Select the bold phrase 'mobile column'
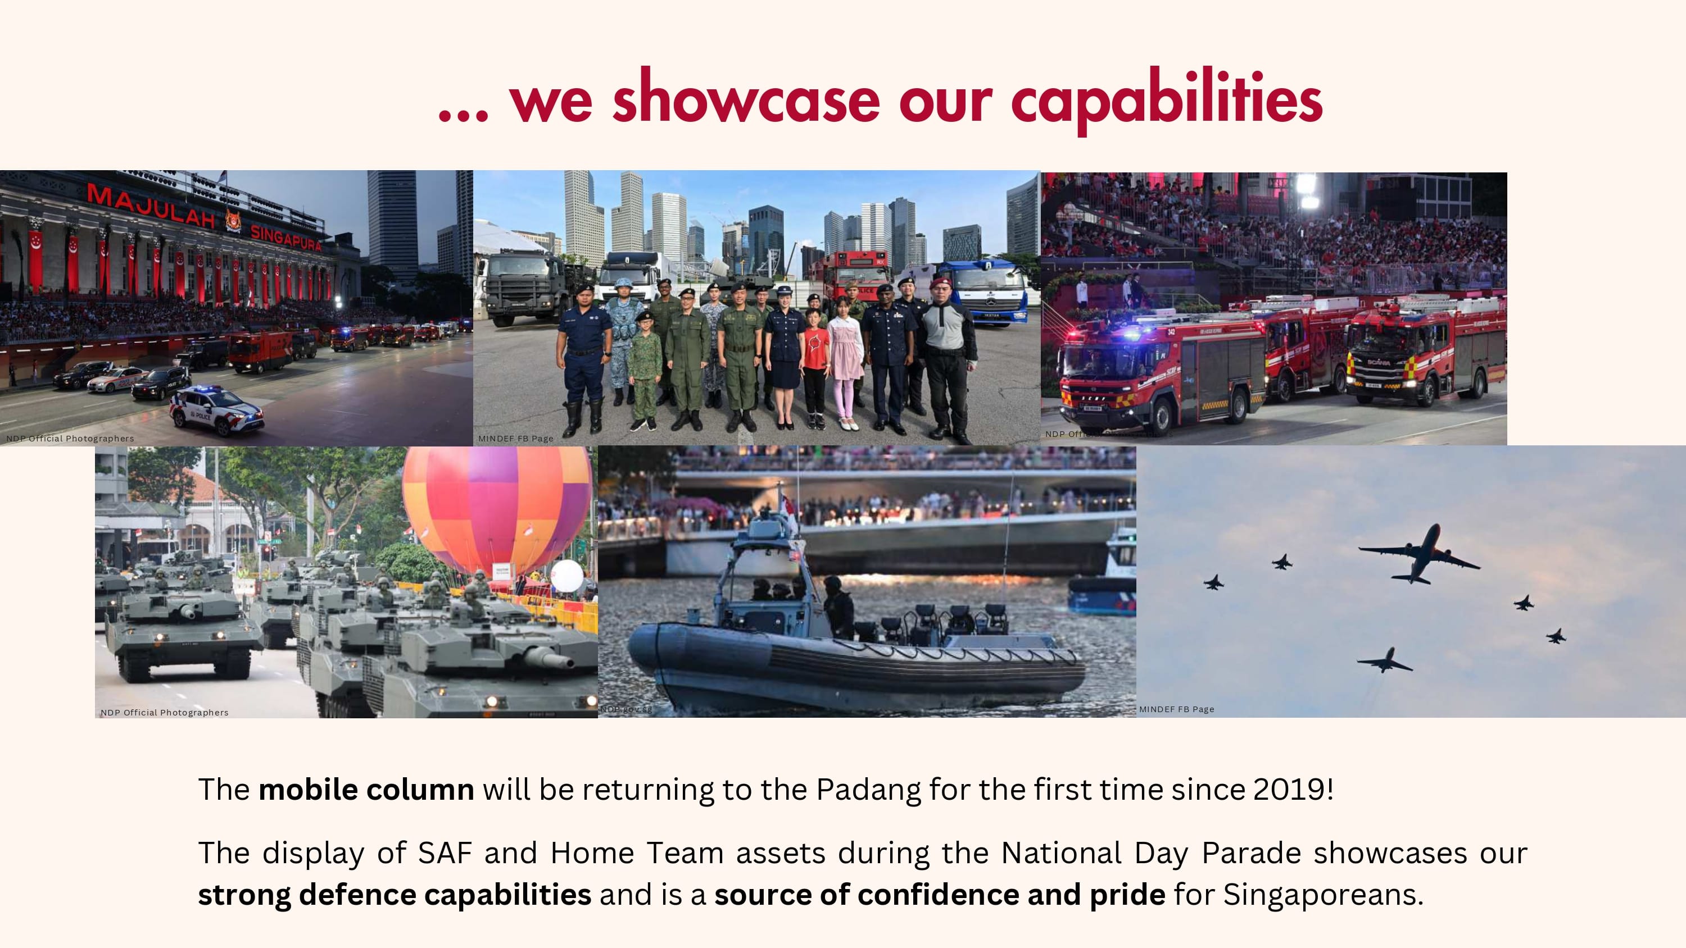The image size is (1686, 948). coord(366,790)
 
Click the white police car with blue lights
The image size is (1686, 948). coord(216,409)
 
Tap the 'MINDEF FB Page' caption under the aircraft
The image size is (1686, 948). coord(1176,709)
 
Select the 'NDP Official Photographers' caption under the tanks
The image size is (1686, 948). coord(164,713)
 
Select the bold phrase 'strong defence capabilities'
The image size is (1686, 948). coord(394,894)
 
